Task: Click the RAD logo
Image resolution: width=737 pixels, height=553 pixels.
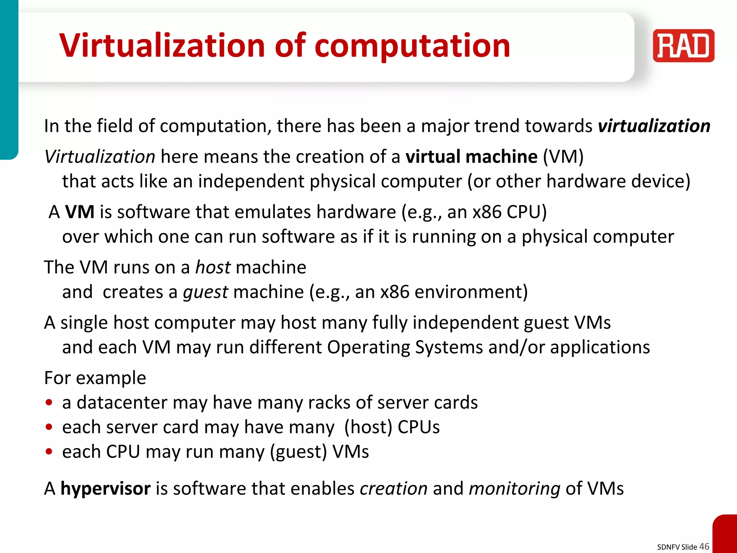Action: pos(683,46)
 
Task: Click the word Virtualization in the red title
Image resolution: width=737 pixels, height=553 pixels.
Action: pos(162,46)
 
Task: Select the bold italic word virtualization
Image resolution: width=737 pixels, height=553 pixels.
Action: pos(654,126)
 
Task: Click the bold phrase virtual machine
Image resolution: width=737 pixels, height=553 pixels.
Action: pos(471,157)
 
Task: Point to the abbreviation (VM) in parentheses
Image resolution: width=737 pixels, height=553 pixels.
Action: pos(563,157)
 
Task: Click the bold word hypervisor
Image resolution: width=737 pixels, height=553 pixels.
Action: pos(105,489)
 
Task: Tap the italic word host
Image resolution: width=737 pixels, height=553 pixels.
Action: pos(213,267)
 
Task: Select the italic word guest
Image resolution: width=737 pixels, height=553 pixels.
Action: pos(205,292)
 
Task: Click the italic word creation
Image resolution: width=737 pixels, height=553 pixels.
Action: pos(393,489)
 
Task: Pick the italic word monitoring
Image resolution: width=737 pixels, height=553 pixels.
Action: pos(515,489)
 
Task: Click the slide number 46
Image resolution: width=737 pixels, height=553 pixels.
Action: pos(704,546)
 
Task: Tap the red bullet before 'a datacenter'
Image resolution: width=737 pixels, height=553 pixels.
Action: pos(49,403)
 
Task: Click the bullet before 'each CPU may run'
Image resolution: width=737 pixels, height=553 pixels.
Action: pos(49,451)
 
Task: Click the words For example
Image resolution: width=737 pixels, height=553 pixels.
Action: pos(95,378)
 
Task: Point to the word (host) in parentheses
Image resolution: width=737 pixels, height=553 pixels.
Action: pos(368,427)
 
